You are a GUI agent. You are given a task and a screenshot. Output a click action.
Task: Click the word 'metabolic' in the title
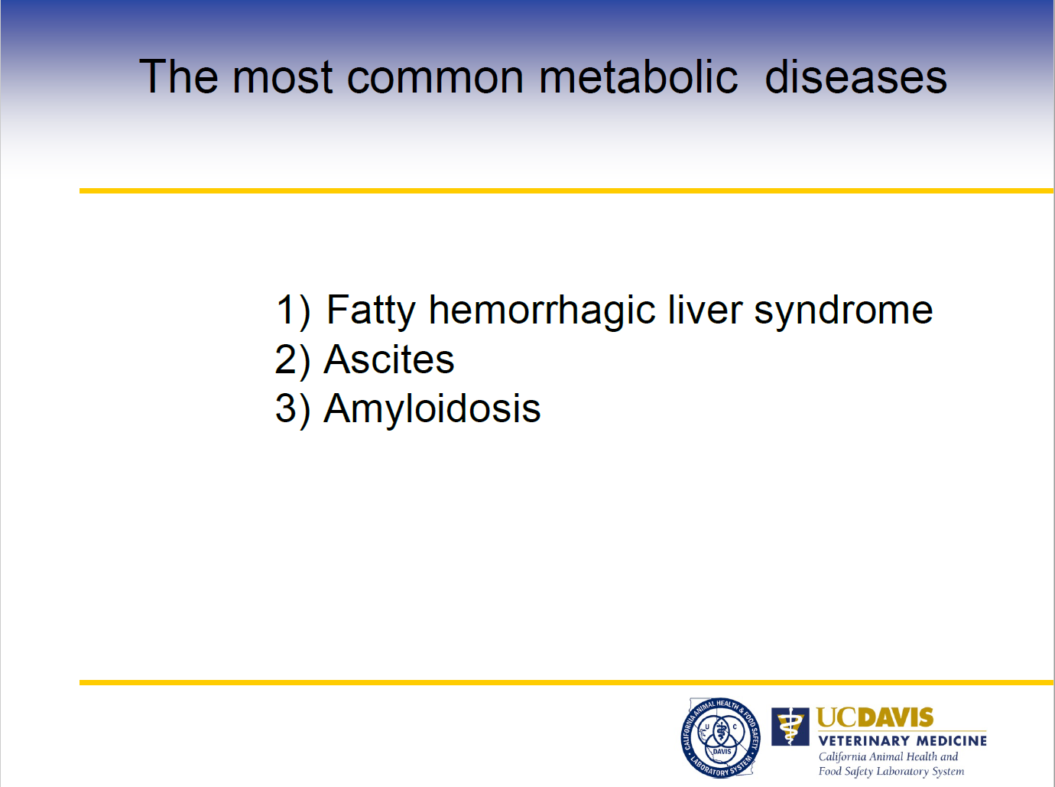638,76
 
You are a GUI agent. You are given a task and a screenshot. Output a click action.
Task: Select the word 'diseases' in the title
855,76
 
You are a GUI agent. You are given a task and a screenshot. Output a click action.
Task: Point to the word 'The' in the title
178,76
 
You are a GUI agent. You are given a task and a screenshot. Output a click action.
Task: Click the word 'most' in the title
282,78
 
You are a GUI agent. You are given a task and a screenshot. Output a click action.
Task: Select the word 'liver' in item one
705,309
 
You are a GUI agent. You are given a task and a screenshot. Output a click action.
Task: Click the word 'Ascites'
389,359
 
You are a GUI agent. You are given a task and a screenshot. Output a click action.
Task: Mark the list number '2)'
292,360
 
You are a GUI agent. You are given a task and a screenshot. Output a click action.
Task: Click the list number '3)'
293,410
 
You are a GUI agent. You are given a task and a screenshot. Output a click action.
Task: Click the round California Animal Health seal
720,737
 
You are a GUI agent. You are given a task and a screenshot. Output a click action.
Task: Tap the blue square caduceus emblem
790,727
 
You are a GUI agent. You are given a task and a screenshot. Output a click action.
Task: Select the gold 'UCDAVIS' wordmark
875,717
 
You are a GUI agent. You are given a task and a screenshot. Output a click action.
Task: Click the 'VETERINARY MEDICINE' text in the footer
902,741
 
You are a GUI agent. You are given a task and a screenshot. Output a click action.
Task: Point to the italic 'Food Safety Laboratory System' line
891,771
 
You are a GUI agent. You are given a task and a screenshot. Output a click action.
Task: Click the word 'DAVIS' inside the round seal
722,751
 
